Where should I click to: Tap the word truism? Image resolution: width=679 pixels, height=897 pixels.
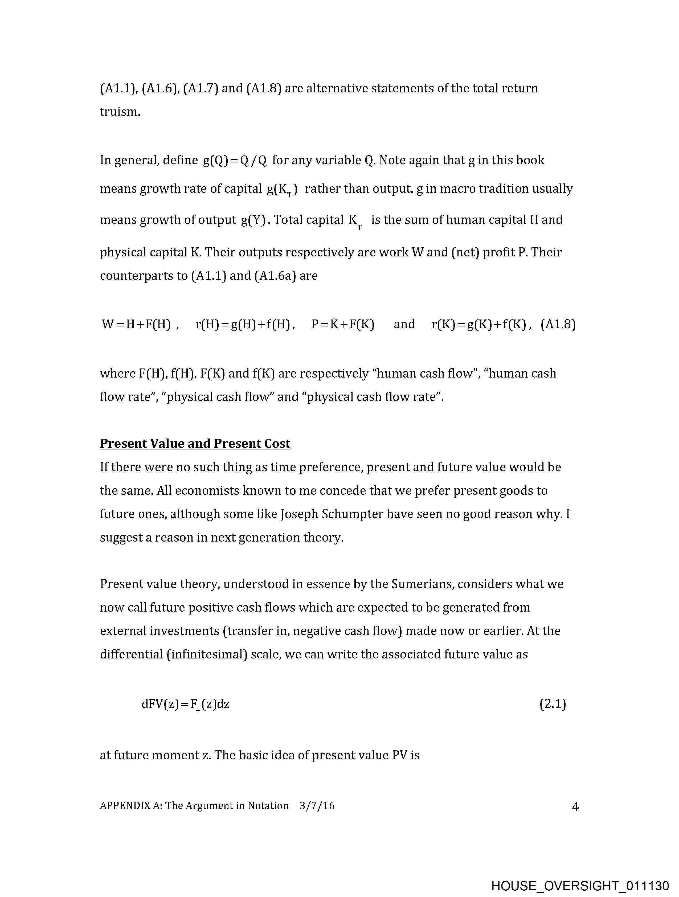click(x=120, y=112)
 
